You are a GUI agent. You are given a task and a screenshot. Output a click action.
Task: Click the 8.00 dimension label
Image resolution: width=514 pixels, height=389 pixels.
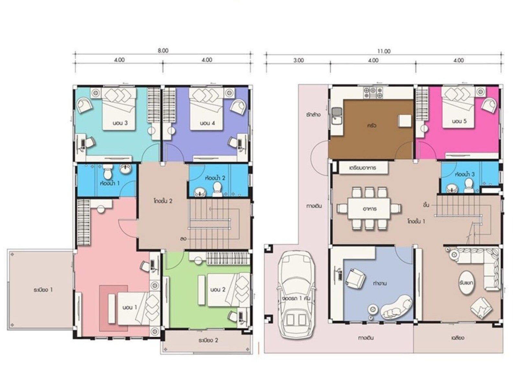163,50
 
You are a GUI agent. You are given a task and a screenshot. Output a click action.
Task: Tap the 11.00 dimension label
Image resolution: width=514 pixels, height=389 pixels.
384,51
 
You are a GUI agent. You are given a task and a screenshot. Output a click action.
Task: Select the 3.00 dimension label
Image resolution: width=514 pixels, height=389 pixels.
298,60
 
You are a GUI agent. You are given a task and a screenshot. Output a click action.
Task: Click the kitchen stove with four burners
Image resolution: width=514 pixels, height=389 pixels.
373,92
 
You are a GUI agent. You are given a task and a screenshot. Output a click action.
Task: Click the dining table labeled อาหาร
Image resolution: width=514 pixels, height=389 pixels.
369,209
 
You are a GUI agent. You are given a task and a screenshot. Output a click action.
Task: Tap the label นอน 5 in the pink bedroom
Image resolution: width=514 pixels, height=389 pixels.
459,121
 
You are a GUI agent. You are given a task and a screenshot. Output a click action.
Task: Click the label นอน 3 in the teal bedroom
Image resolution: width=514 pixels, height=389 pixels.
120,123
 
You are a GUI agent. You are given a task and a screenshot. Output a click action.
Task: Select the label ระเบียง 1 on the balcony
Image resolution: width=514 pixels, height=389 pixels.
43,290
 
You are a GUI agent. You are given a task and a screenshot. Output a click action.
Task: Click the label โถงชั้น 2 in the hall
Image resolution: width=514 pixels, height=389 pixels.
163,201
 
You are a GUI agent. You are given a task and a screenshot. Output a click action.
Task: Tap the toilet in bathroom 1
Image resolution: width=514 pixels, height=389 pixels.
107,170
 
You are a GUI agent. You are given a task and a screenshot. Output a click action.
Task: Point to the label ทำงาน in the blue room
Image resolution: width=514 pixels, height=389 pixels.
380,283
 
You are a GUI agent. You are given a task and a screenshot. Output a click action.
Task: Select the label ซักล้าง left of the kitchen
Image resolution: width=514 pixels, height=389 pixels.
313,115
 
